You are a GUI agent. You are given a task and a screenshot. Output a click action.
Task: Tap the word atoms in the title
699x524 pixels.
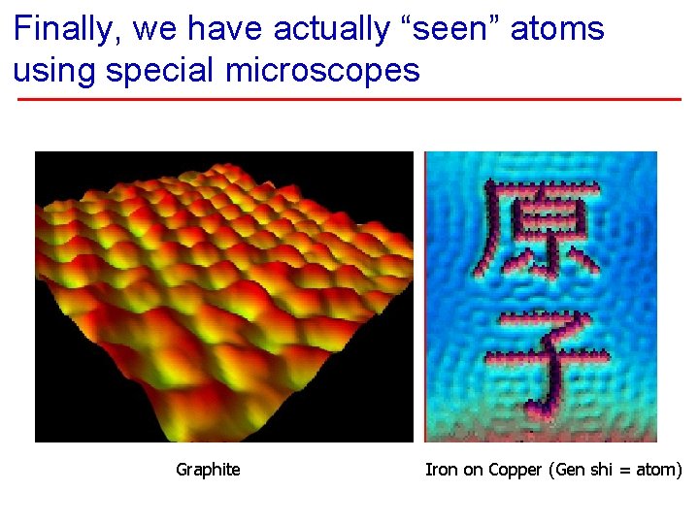pyautogui.click(x=557, y=30)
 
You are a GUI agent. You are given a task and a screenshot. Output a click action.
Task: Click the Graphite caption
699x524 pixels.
pyautogui.click(x=208, y=470)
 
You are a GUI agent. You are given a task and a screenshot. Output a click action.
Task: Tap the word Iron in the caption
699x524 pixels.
pyautogui.click(x=441, y=470)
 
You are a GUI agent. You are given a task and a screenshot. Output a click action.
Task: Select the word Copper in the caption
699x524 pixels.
pyautogui.click(x=517, y=470)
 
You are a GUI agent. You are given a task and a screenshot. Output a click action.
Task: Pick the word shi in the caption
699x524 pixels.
pyautogui.click(x=599, y=470)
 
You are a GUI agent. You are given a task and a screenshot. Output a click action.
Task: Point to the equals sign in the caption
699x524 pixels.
pyautogui.click(x=625, y=471)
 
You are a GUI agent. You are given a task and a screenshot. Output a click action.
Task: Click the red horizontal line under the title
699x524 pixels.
pyautogui.click(x=349, y=99)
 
